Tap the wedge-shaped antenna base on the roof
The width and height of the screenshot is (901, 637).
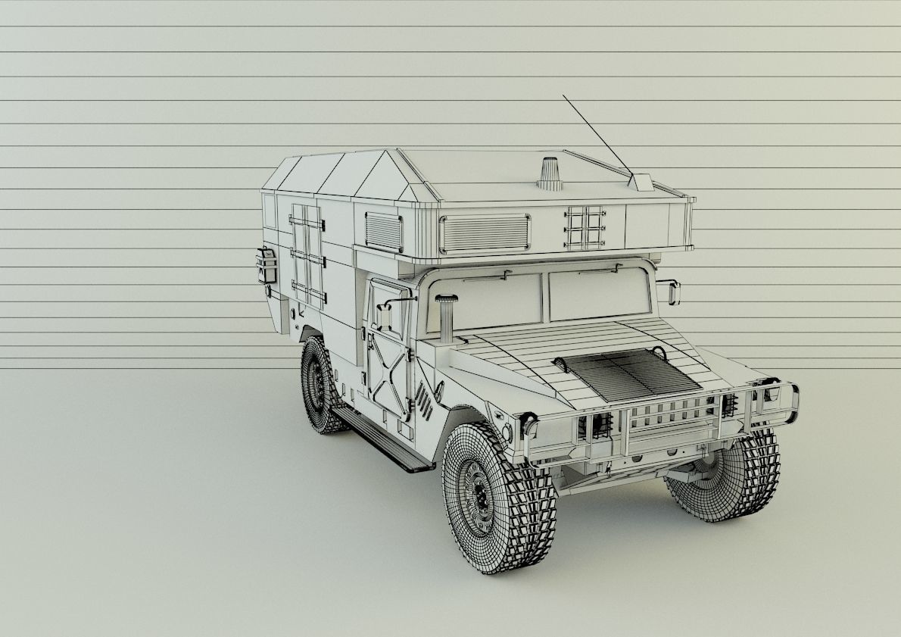[x=641, y=182]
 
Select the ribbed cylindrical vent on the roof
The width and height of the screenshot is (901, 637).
[x=550, y=173]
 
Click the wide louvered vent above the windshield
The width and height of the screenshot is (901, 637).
[x=485, y=233]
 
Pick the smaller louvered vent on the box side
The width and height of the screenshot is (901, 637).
[x=384, y=230]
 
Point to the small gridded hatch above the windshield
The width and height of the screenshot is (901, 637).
[x=585, y=226]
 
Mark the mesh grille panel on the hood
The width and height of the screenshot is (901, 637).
[x=625, y=375]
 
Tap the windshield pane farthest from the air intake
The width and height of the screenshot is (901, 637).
[x=598, y=293]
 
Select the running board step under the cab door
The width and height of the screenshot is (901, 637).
[x=382, y=439]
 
